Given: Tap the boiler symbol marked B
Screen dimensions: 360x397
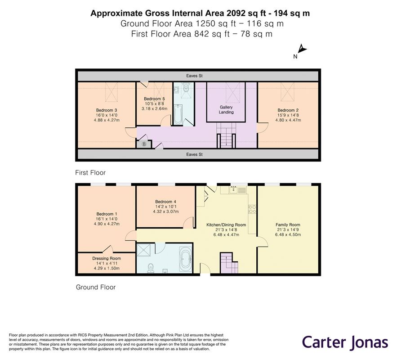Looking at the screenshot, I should pos(144,144).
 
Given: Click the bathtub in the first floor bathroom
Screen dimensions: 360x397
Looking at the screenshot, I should pos(178,114).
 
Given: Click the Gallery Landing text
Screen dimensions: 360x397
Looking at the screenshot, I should pos(226,109).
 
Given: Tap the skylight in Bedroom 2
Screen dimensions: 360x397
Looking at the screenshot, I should pos(287,93).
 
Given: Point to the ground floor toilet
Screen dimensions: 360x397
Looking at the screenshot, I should pos(152,267).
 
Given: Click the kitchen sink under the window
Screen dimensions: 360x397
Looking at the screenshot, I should pos(236,189).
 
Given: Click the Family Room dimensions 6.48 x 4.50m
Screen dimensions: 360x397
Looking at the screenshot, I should pos(288,234).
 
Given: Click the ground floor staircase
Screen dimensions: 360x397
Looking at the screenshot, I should pos(228,262).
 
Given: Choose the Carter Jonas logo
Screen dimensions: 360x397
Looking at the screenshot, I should pos(344,342).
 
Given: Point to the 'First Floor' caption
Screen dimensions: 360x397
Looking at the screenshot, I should pos(90,172).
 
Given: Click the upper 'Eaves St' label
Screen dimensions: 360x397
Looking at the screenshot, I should pos(195,76).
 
